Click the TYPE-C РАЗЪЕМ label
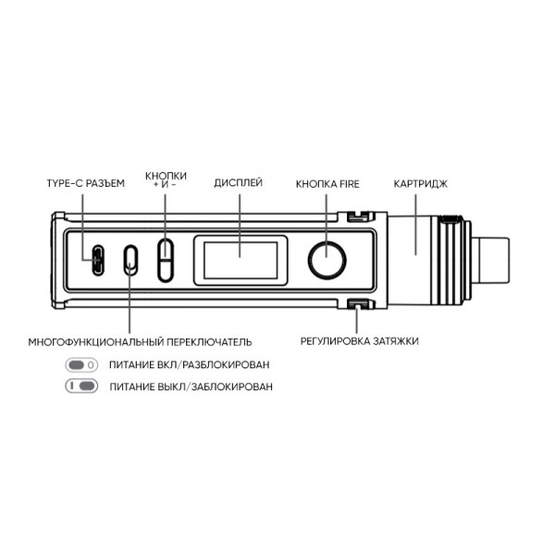pyautogui.click(x=86, y=183)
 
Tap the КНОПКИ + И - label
pyautogui.click(x=166, y=179)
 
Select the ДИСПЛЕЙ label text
pyautogui.click(x=239, y=182)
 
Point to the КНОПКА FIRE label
pyautogui.click(x=327, y=184)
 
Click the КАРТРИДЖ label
pyautogui.click(x=421, y=184)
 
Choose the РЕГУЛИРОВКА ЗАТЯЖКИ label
pyautogui.click(x=359, y=341)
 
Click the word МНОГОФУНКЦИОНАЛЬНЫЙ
pyautogui.click(x=96, y=342)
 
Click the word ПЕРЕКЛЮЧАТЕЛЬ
pyautogui.click(x=209, y=342)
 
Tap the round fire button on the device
pyautogui.click(x=327, y=260)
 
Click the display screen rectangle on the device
pyautogui.click(x=240, y=260)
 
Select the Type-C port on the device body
pyautogui.click(x=98, y=260)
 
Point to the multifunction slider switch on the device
pyautogui.click(x=130, y=260)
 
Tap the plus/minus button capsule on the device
pyautogui.click(x=166, y=260)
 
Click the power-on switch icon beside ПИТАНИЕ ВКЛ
pyautogui.click(x=81, y=364)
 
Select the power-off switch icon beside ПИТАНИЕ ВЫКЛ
pyautogui.click(x=81, y=386)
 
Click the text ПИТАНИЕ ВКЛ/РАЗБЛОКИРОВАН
pyautogui.click(x=190, y=364)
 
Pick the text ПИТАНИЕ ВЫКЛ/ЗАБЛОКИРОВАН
pyautogui.click(x=191, y=387)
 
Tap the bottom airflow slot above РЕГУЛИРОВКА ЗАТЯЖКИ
pyautogui.click(x=357, y=304)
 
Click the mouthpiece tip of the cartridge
pyautogui.click(x=490, y=260)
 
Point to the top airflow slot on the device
pyautogui.click(x=357, y=216)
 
